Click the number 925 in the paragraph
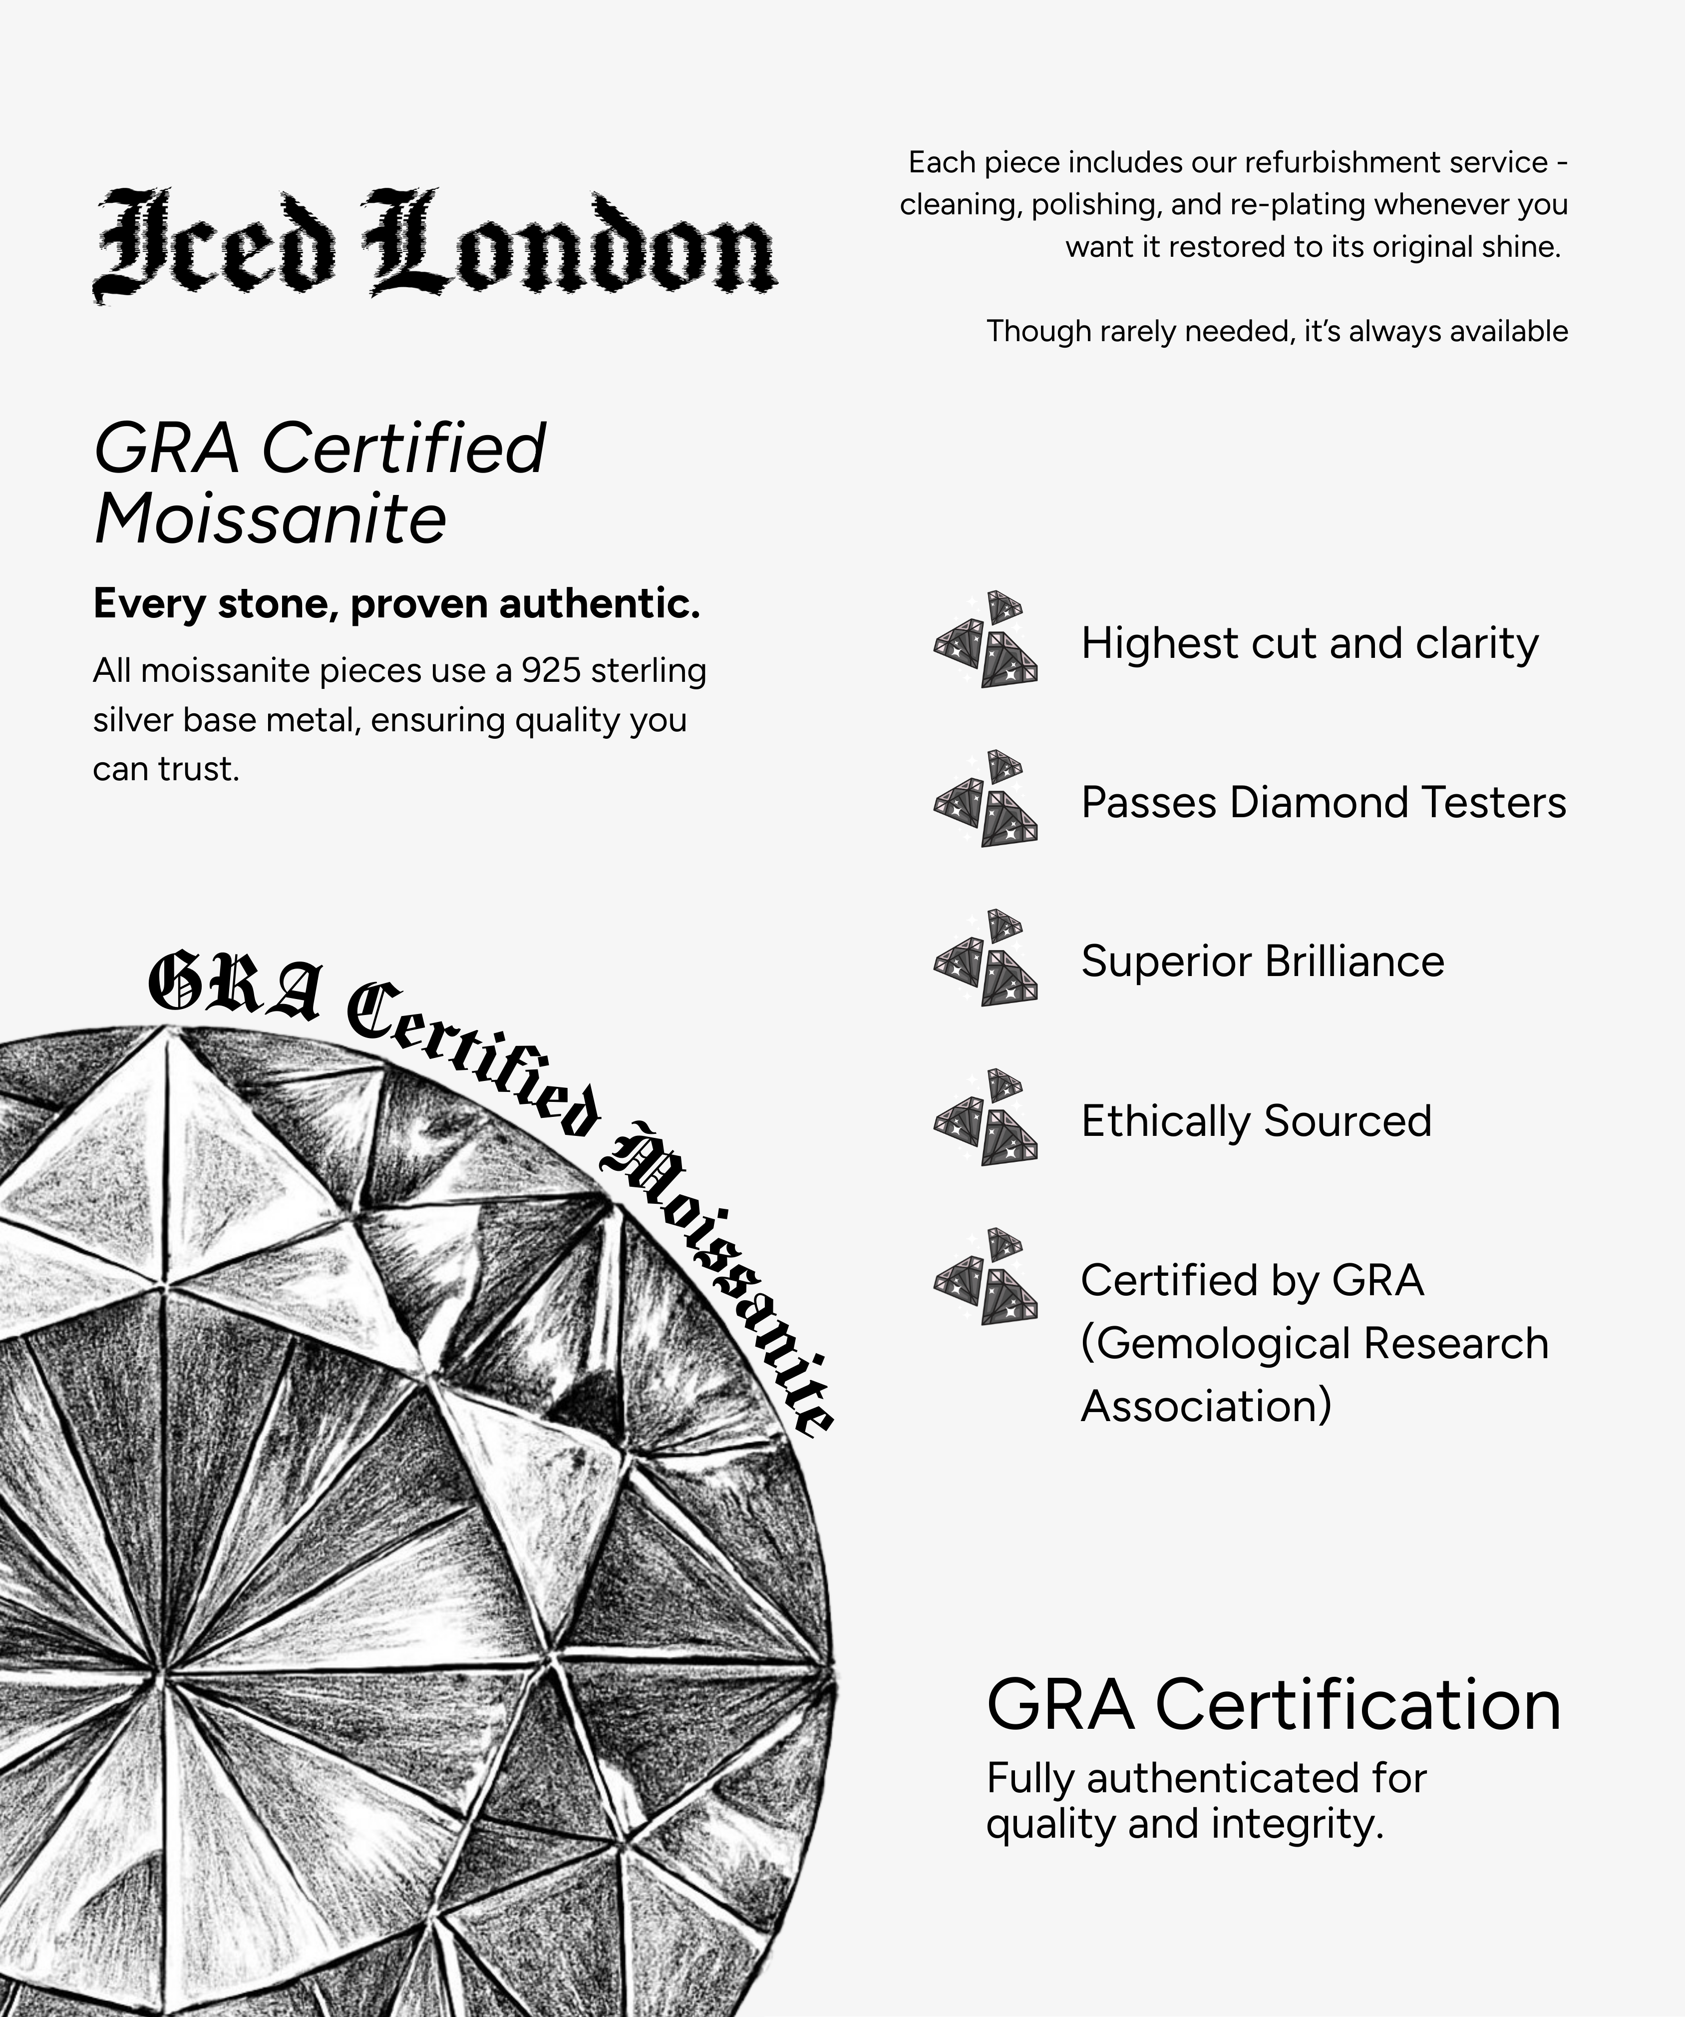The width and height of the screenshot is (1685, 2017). point(551,670)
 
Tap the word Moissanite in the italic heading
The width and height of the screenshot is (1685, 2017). point(271,519)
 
